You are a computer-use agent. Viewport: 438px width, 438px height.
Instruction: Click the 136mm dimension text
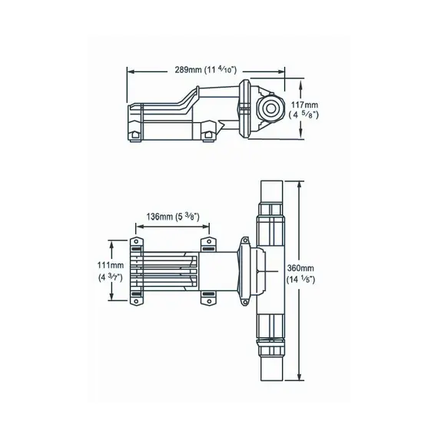pyautogui.click(x=158, y=217)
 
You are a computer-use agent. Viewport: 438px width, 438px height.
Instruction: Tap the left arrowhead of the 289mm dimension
pyautogui.click(x=129, y=70)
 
